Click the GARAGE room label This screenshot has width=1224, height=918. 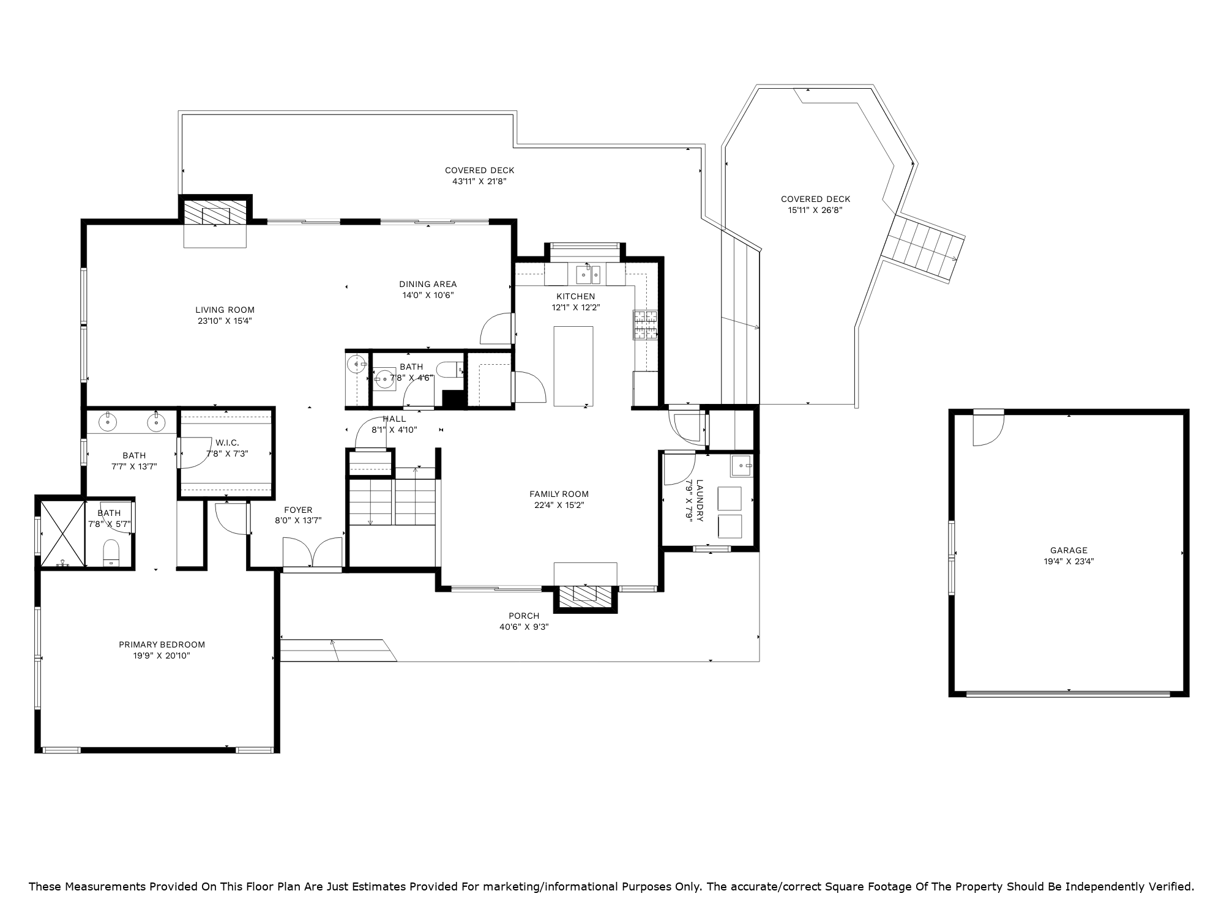coord(1069,550)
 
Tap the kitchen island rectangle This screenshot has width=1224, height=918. coord(573,366)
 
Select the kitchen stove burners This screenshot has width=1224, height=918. coord(645,325)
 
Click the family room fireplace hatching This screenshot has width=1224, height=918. coord(586,596)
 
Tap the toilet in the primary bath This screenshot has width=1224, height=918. coord(111,553)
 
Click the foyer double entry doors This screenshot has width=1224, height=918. coord(313,552)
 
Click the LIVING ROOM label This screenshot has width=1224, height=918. coord(225,310)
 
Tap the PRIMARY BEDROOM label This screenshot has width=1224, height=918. coord(162,644)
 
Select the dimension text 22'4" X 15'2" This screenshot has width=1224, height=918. coord(559,505)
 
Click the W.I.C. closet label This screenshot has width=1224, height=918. coord(227,442)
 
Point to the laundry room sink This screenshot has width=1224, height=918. coord(742,466)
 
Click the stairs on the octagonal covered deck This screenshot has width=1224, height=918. coord(924,248)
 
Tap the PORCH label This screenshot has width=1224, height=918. coord(524,616)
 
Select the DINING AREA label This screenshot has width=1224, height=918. coord(428,284)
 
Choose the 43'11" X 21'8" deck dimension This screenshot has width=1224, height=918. coord(480,181)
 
